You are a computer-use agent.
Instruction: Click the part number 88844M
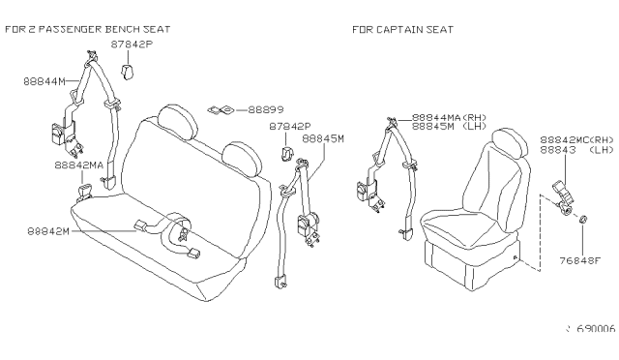click(x=44, y=81)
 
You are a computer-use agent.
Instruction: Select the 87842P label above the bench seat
click(x=132, y=45)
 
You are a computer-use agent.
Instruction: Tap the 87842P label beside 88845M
click(x=290, y=127)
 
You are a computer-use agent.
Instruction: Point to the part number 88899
click(x=266, y=110)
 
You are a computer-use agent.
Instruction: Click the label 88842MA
click(x=78, y=165)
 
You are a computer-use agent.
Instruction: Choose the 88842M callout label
click(x=48, y=230)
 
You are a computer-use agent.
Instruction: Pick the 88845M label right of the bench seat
click(x=323, y=138)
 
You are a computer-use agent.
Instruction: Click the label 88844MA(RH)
click(x=449, y=117)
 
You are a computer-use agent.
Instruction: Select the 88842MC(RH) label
click(x=576, y=140)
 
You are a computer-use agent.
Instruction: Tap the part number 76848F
click(x=580, y=261)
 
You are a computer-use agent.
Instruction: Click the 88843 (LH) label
click(x=576, y=150)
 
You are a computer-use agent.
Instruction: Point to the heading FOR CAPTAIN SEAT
click(x=402, y=30)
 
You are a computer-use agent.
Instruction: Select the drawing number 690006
click(x=596, y=329)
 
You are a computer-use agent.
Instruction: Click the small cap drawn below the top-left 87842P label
click(x=127, y=72)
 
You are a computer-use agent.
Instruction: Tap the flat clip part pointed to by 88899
click(x=221, y=110)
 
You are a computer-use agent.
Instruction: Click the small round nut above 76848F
click(x=583, y=219)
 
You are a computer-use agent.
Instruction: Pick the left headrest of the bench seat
click(x=177, y=121)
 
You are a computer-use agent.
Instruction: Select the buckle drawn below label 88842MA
click(x=84, y=192)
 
